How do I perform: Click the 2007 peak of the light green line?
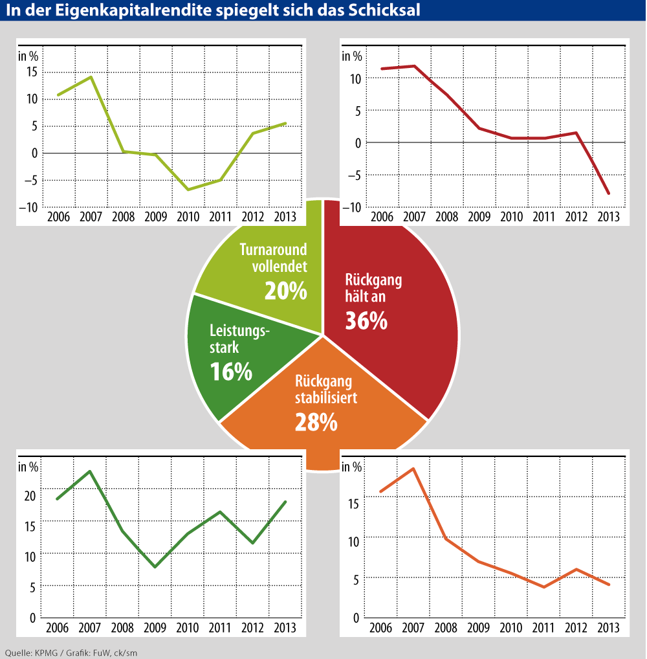pos(91,77)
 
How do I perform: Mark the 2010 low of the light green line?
pos(188,190)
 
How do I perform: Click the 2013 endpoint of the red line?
pos(609,194)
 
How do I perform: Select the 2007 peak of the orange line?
pos(413,469)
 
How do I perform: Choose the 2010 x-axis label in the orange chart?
pos(512,629)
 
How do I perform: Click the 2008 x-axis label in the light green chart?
pos(123,216)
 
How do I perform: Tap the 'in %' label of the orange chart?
pos(351,467)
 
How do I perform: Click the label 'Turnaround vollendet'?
pos(273,256)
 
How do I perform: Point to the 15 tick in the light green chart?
pos(30,71)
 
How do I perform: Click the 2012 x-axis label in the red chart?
pos(576,216)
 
